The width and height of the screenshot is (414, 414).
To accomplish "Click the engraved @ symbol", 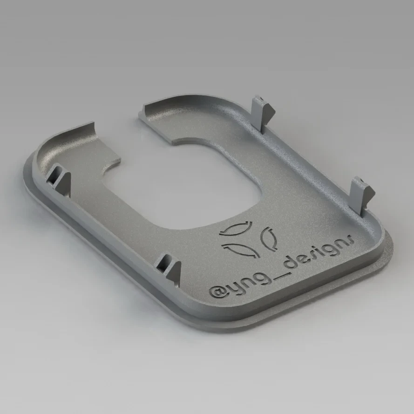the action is [216, 292].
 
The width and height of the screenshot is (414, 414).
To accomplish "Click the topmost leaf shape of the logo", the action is [236, 229].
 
